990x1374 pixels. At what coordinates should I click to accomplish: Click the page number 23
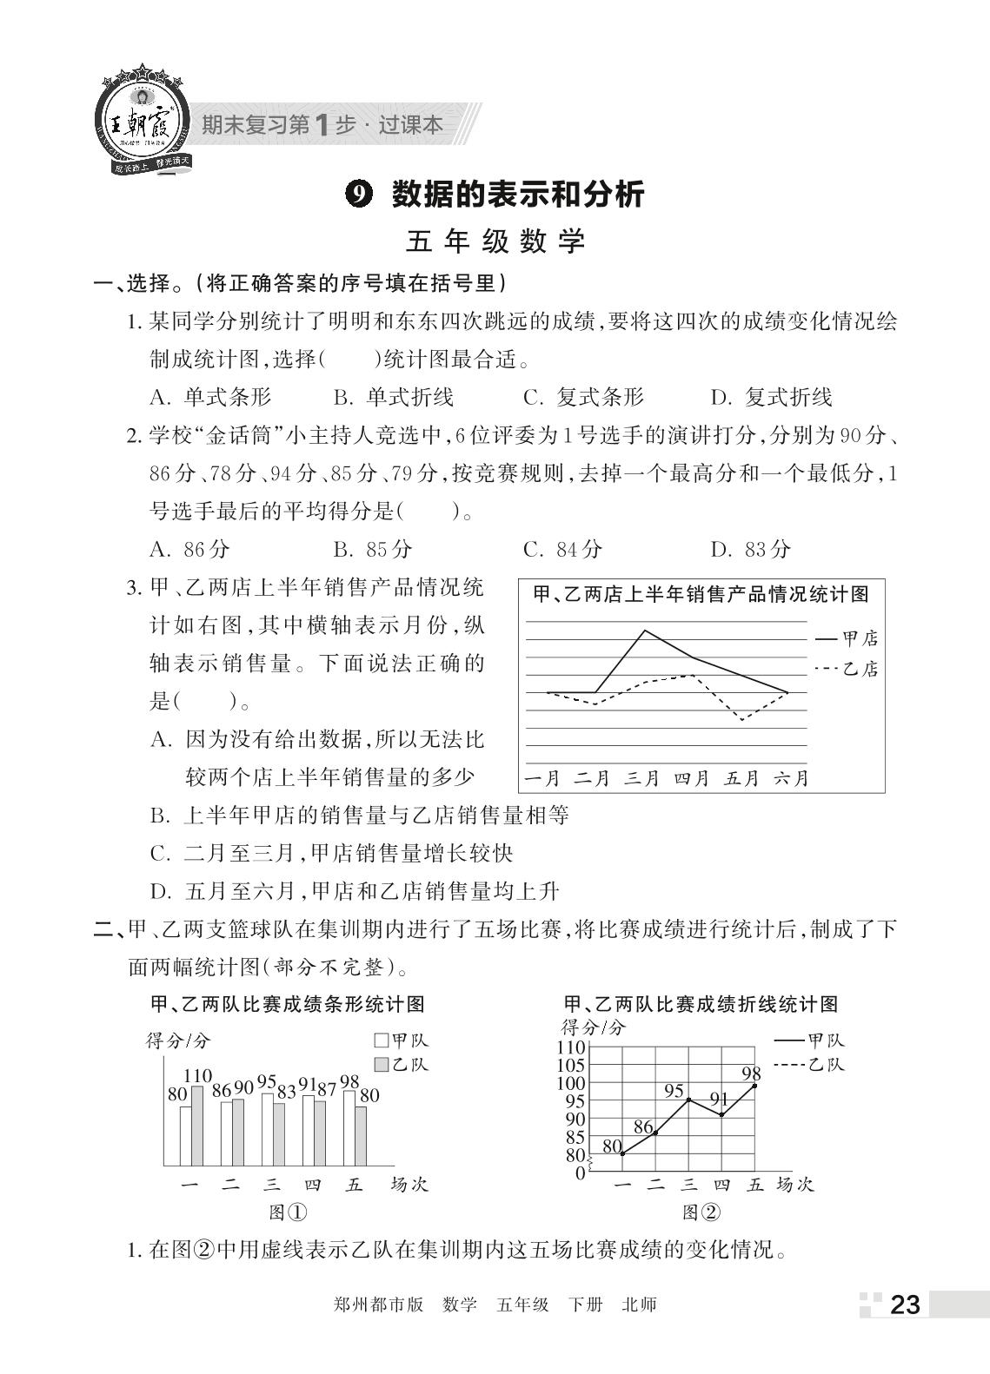tap(904, 1305)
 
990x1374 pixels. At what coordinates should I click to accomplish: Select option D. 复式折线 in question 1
tap(771, 398)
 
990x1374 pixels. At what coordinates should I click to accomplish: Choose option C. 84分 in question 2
tap(562, 549)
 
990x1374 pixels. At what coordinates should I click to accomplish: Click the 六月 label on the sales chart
tap(790, 778)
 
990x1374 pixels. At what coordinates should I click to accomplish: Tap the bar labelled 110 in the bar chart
tap(197, 1126)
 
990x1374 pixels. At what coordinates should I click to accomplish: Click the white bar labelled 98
tap(349, 1127)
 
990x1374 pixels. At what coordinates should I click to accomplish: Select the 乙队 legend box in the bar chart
tap(381, 1065)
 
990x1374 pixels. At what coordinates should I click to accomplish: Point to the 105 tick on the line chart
tap(570, 1066)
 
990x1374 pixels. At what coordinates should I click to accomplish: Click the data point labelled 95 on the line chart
tap(688, 1100)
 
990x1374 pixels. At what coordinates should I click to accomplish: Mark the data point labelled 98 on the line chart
tap(754, 1086)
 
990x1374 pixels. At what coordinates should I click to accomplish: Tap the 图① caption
tap(288, 1212)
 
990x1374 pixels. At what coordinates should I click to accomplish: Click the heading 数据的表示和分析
tap(517, 194)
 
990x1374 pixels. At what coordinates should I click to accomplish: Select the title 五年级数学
tap(495, 241)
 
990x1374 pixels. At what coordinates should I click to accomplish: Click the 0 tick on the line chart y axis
tap(581, 1173)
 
